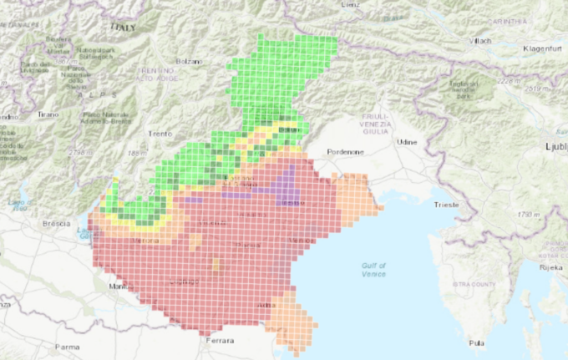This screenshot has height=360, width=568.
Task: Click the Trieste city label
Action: pyautogui.click(x=446, y=205)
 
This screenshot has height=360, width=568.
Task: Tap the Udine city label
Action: pyautogui.click(x=407, y=142)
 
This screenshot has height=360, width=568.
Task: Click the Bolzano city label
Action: pyautogui.click(x=190, y=62)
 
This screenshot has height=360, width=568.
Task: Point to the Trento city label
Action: pyautogui.click(x=159, y=134)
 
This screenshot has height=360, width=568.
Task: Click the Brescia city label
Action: pyautogui.click(x=56, y=224)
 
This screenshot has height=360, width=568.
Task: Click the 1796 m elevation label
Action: pyautogui.click(x=507, y=215)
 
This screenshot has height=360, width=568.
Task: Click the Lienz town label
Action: pyautogui.click(x=350, y=4)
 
